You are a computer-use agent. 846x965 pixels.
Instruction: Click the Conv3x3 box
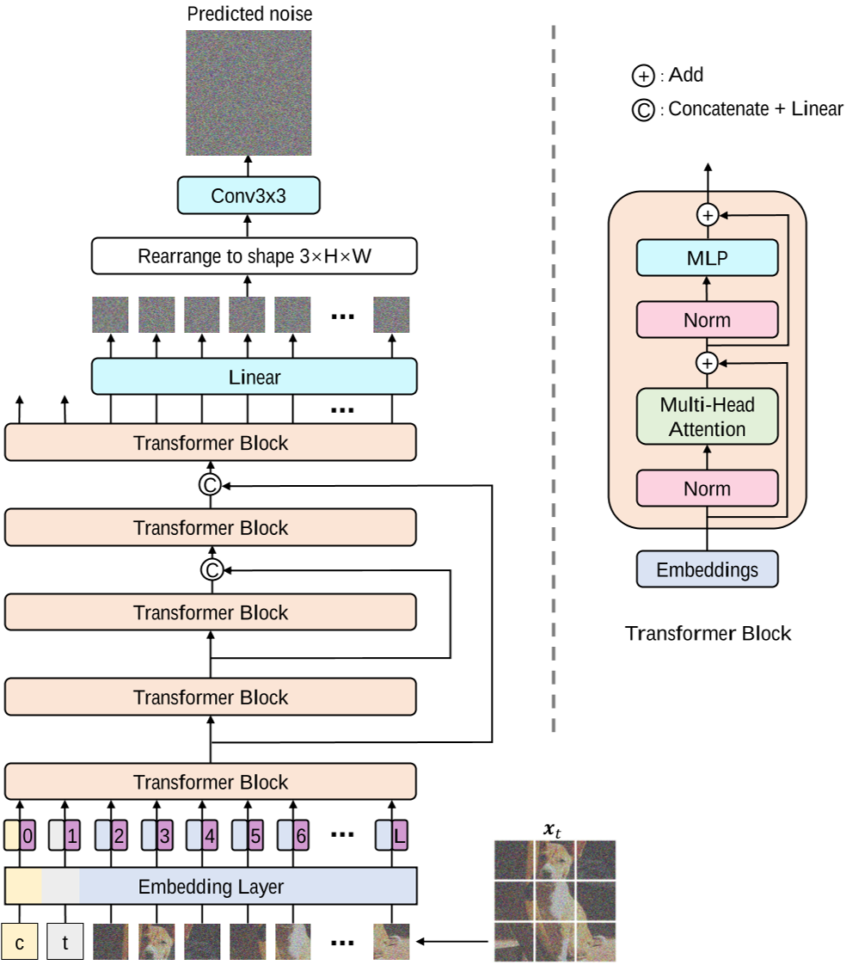tap(248, 196)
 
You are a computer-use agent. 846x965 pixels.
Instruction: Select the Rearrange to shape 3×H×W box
tap(254, 256)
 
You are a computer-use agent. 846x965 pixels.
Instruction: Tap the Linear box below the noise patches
tap(254, 377)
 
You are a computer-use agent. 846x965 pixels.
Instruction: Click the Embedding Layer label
tap(211, 886)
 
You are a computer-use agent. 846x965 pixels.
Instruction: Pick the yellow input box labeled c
tap(20, 942)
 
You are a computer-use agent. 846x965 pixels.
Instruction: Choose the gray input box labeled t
tap(65, 942)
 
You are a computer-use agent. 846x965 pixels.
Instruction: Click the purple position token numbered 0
tap(29, 834)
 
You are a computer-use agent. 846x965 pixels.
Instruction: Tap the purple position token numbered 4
tap(210, 834)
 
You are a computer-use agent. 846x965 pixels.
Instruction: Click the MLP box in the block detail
tap(708, 258)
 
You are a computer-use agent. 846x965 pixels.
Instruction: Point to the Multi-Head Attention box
tap(708, 416)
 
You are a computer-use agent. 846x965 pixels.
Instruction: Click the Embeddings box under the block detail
tap(708, 569)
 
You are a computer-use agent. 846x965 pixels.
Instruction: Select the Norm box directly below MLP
tap(708, 320)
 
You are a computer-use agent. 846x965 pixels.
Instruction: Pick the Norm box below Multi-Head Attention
tap(708, 489)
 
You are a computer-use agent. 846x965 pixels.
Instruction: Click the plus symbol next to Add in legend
tap(642, 77)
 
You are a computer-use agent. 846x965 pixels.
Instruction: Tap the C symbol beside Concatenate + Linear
tap(642, 110)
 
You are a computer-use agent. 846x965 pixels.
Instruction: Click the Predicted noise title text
tap(248, 14)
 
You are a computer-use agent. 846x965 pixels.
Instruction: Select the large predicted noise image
tap(248, 93)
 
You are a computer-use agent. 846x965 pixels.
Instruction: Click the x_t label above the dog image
tap(554, 829)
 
